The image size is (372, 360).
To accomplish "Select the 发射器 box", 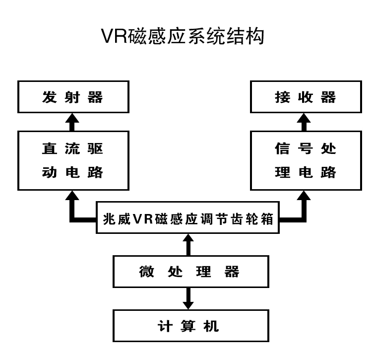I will (73, 97).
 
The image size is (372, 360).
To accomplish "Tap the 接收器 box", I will (306, 97).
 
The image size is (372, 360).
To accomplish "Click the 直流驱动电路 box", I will (73, 160).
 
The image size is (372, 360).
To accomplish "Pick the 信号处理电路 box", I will (306, 160).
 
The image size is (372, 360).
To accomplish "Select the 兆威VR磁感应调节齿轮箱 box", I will (188, 219).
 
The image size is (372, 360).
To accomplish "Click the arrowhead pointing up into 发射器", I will (73, 119).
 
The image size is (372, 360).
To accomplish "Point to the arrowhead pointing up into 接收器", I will (306, 119).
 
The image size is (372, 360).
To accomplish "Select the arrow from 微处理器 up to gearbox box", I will (188, 244).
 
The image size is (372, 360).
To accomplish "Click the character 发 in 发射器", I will (49, 97).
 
